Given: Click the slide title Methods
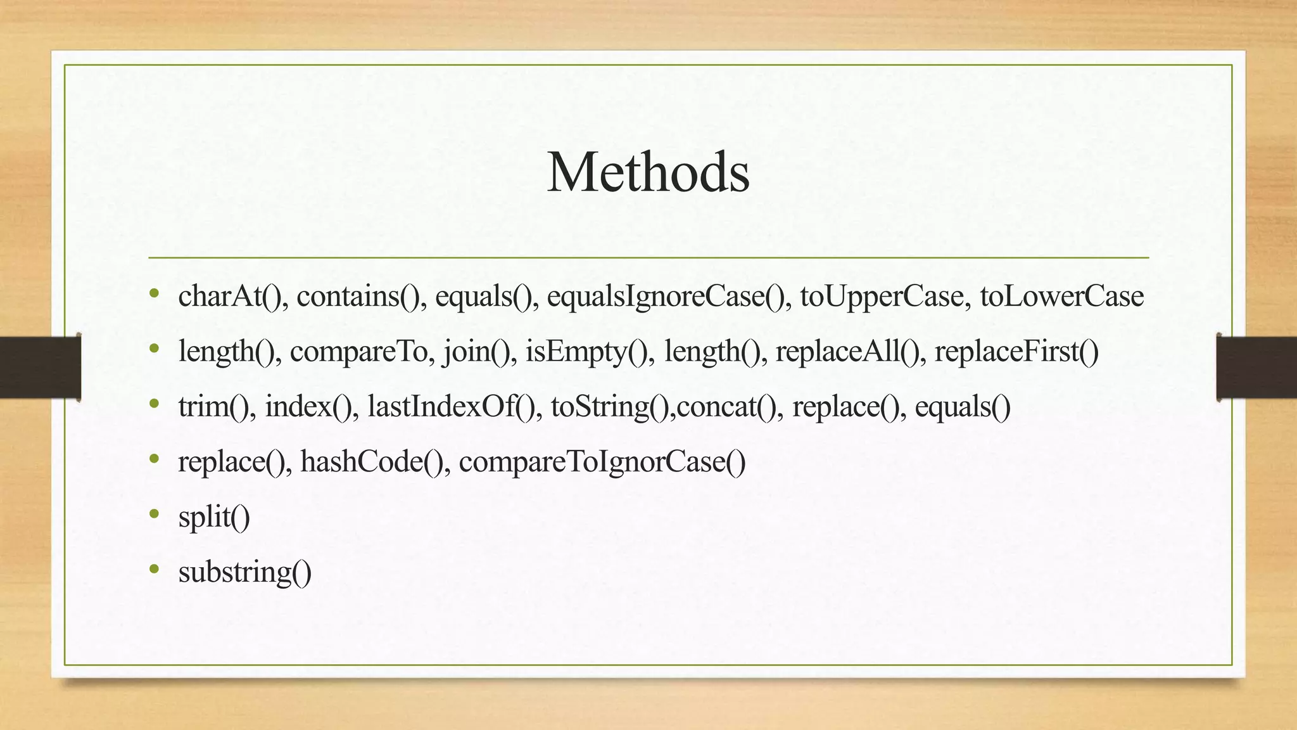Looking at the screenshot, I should tap(648, 172).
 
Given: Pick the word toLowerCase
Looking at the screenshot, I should tap(1061, 297).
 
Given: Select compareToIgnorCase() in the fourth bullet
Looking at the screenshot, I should tap(602, 462).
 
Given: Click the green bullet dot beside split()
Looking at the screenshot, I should tap(154, 514).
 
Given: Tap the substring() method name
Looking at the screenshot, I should tap(245, 572).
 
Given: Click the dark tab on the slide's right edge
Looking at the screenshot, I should tap(1256, 367).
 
